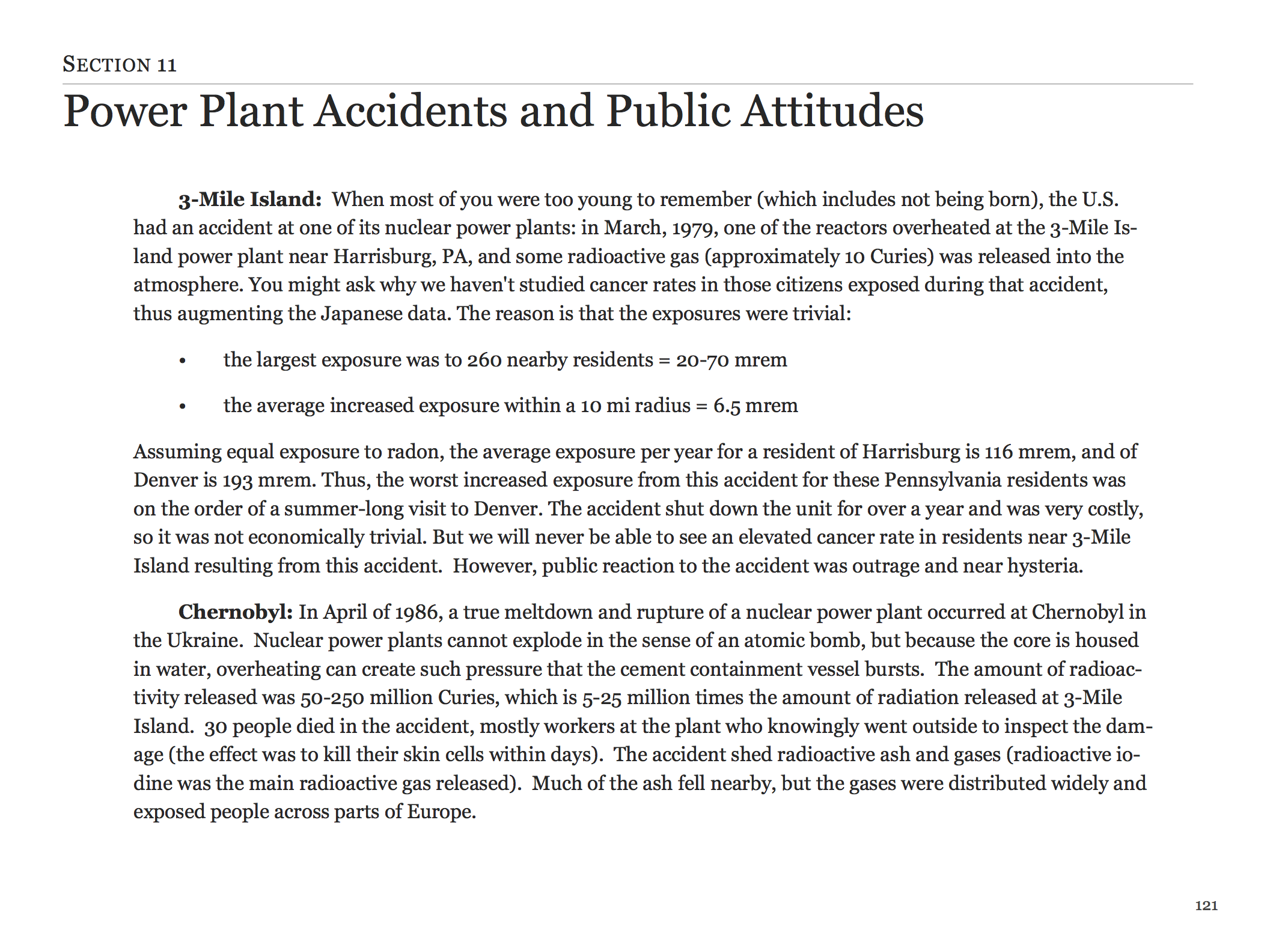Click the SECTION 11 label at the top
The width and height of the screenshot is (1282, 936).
[x=120, y=64]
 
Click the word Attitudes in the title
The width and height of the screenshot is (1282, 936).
[x=832, y=111]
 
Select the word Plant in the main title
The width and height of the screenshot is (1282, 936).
[x=251, y=111]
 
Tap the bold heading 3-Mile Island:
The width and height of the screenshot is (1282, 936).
[x=250, y=199]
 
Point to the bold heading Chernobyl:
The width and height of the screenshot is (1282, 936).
[x=236, y=612]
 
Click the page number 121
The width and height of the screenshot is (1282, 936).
[x=1206, y=905]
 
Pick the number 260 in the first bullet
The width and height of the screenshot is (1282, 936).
[x=484, y=360]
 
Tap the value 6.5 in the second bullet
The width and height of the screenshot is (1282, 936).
[x=727, y=406]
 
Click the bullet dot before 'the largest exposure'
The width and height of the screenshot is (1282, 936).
[x=183, y=361]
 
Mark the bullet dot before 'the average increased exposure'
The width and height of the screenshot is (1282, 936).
[x=183, y=407]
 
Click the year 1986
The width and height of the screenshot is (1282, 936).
[x=416, y=612]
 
